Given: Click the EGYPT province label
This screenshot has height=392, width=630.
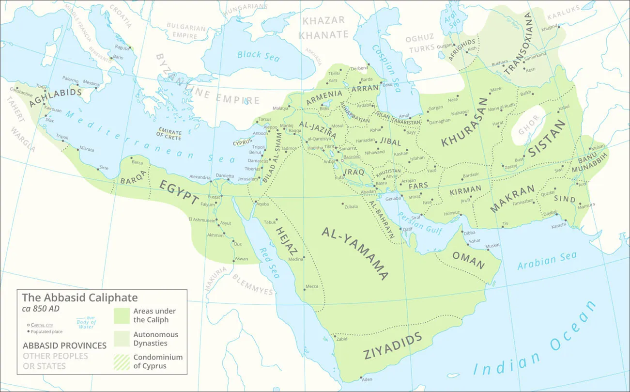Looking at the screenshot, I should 180,192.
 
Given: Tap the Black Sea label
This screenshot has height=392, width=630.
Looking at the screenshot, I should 259,55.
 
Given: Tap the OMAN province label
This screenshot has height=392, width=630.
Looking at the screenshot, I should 468,260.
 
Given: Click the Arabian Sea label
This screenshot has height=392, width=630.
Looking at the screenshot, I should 547,261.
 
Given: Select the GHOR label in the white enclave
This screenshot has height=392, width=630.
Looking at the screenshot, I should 528,125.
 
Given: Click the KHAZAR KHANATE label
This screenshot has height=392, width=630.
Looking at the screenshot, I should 323,28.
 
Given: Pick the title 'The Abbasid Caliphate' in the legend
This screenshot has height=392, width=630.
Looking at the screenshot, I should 80,298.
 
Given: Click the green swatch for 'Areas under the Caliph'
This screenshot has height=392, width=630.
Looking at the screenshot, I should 122,315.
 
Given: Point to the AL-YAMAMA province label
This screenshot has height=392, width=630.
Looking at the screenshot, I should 355,253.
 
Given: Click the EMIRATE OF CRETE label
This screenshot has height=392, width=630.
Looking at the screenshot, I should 169,135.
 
